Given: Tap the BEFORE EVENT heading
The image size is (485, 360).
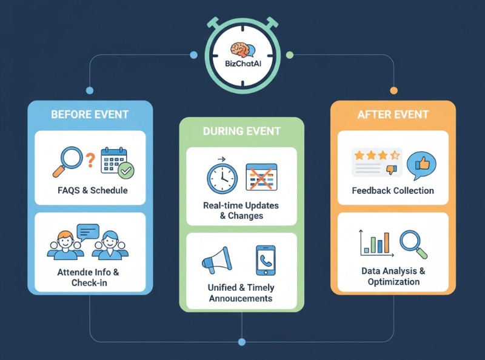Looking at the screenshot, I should [90, 115].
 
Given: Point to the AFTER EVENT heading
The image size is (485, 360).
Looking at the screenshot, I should [393, 115].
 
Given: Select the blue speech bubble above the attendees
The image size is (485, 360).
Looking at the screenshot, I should [88, 232].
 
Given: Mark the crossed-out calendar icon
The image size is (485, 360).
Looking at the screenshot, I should [261, 177].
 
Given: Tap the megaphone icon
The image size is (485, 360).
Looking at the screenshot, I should [216, 261].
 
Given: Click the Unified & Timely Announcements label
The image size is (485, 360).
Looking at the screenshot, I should [241, 293].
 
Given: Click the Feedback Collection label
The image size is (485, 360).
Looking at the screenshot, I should [393, 190].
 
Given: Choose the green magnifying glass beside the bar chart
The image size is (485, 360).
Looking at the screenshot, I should [413, 242].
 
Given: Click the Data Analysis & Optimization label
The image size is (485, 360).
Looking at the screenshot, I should [393, 276].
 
